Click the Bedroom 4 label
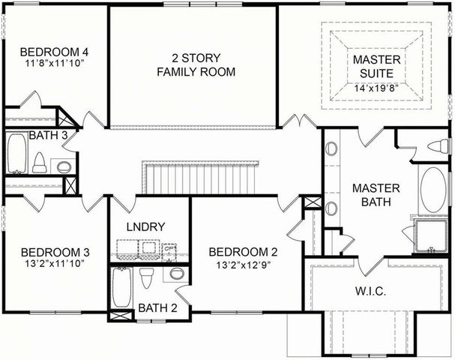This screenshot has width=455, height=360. click(55, 52)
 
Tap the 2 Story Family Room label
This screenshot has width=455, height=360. click(195, 64)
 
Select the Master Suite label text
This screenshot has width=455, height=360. click(377, 65)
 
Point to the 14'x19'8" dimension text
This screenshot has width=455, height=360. click(377, 87)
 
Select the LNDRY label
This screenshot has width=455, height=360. click(147, 226)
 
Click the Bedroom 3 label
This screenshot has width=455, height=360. click(55, 251)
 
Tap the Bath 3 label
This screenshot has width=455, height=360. click(49, 135)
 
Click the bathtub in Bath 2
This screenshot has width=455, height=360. click(121, 287)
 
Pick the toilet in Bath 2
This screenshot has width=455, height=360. click(147, 277)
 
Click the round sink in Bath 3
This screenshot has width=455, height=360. click(65, 166)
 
